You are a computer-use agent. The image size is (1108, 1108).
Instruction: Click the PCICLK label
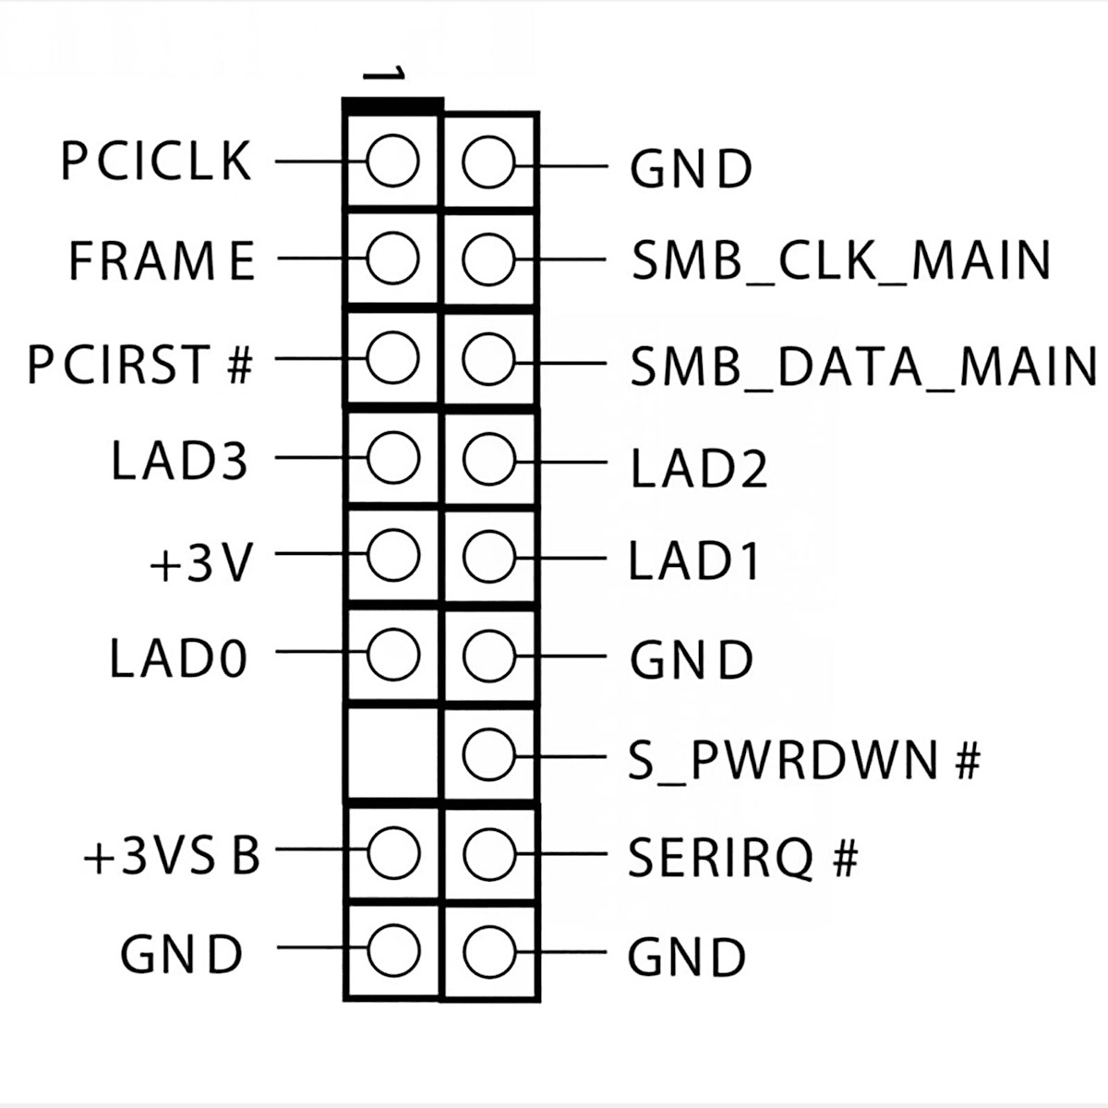click(x=155, y=161)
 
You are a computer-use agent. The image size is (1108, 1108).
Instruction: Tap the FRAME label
click(x=162, y=260)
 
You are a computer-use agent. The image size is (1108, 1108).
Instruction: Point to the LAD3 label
click(x=179, y=460)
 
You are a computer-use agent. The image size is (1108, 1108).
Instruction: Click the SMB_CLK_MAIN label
click(x=841, y=261)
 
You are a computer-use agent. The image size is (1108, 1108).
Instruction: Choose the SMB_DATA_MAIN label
click(x=863, y=366)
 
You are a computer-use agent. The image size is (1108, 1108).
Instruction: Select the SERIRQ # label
click(x=743, y=858)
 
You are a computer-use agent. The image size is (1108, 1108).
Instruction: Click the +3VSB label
click(x=172, y=856)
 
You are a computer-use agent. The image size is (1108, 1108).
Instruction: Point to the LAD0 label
click(x=178, y=658)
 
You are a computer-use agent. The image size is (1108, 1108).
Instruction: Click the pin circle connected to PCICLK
click(x=392, y=161)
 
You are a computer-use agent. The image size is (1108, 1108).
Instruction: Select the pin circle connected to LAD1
click(x=488, y=557)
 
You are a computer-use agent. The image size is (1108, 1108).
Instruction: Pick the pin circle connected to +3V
click(x=392, y=555)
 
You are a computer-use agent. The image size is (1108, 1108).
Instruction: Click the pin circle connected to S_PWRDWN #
click(x=488, y=755)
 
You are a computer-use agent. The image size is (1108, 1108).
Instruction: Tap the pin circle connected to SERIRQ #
click(x=488, y=853)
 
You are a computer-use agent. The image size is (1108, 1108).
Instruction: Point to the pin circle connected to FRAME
click(x=392, y=259)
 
